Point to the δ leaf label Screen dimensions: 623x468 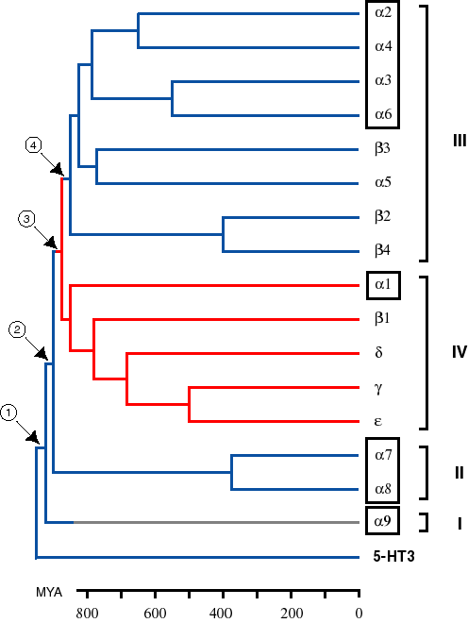coord(378,353)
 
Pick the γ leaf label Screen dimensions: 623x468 coord(378,388)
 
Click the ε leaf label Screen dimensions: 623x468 coord(378,421)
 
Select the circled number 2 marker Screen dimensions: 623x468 coord(17,329)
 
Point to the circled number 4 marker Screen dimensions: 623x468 coord(35,145)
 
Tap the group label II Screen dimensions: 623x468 coord(458,473)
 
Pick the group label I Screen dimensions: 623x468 coord(458,522)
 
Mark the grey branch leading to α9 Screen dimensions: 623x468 coord(217,522)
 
